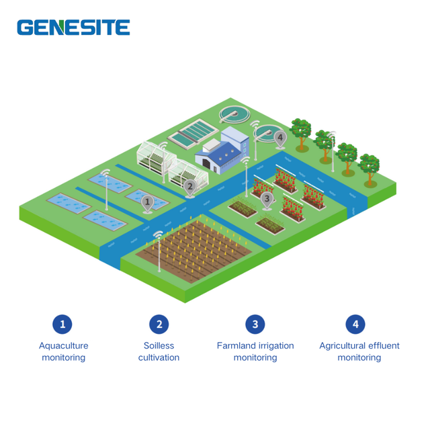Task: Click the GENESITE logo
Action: tap(73, 28)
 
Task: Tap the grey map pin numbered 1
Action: tap(147, 203)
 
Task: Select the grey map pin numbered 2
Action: tap(189, 187)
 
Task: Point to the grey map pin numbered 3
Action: tap(267, 200)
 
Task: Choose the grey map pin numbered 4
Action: tap(280, 138)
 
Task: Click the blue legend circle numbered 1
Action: tap(62, 324)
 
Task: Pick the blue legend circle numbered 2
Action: tap(159, 324)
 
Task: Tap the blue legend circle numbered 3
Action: tap(255, 324)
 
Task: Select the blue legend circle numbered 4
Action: tap(355, 324)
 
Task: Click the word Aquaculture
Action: tap(64, 346)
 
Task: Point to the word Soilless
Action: tap(159, 345)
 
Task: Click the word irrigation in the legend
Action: tap(276, 346)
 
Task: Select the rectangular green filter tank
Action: tap(193, 133)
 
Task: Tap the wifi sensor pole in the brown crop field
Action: tap(159, 251)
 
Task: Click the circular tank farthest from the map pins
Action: tap(234, 114)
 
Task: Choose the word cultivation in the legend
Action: tap(159, 357)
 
